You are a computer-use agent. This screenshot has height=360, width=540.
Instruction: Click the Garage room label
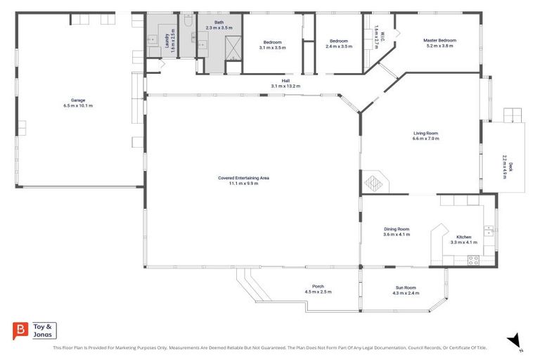(x=78, y=101)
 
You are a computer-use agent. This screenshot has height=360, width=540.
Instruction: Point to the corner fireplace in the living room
(x=373, y=182)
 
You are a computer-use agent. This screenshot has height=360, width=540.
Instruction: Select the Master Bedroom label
(x=439, y=41)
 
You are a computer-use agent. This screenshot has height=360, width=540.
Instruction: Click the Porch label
(x=318, y=286)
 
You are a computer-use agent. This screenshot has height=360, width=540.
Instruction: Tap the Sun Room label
(x=405, y=288)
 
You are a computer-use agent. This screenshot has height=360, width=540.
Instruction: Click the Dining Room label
(x=397, y=229)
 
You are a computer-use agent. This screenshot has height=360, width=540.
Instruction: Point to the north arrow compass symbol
(x=514, y=340)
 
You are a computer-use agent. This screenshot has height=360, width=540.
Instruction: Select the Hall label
(x=285, y=81)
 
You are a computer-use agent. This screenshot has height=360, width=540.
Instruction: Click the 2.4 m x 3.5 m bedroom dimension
(x=339, y=46)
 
